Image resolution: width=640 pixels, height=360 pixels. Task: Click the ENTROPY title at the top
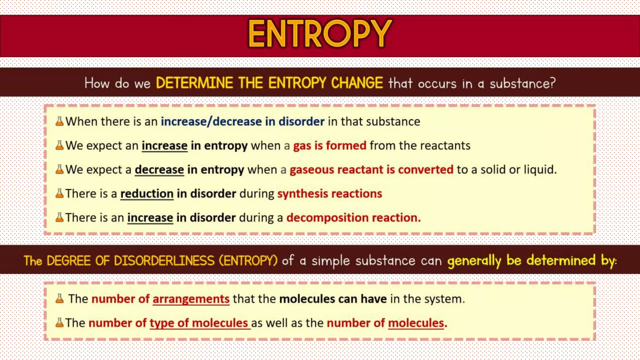tap(320, 34)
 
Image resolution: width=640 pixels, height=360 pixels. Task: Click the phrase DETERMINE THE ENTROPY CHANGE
tap(269, 83)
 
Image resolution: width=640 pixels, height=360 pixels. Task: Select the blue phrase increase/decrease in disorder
tap(242, 122)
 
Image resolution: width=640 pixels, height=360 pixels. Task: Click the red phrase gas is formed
tap(329, 146)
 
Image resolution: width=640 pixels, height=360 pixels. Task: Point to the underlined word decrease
tap(159, 170)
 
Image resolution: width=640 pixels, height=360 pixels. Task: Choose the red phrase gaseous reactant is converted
tap(371, 170)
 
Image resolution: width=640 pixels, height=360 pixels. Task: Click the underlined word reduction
tap(147, 194)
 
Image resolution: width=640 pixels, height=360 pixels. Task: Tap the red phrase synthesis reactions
tap(330, 194)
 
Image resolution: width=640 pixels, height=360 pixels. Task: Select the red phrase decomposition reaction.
tap(353, 217)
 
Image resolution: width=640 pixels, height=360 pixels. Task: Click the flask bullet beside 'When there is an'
tap(59, 121)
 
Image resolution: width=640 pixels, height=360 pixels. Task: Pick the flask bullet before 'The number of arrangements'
tap(59, 299)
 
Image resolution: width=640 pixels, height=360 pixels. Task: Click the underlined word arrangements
tap(191, 299)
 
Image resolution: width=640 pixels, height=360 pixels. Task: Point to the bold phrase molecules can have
tap(333, 299)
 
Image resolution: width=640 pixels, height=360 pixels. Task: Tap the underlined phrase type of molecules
tap(199, 323)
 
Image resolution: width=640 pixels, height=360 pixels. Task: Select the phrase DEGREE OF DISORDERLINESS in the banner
tap(130, 261)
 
